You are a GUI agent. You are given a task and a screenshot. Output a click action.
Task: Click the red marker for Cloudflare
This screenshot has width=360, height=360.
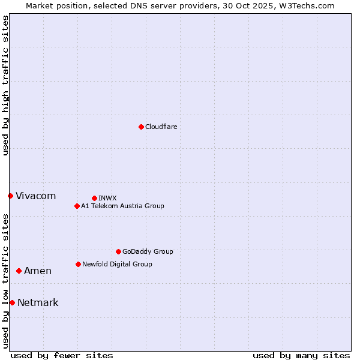[x=141, y=127]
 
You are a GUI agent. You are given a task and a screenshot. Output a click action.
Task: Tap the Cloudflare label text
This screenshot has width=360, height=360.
[x=161, y=127]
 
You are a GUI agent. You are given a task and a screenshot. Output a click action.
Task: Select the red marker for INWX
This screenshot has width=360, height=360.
[x=94, y=198]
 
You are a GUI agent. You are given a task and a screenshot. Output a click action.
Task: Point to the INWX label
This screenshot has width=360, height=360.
[x=107, y=198]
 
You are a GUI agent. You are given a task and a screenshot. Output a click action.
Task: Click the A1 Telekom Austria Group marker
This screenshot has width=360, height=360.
[x=77, y=206]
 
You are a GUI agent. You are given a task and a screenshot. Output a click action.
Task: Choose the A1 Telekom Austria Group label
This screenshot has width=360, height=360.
[x=122, y=206]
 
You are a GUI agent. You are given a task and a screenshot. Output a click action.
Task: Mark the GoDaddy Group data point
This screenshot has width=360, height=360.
[x=118, y=251]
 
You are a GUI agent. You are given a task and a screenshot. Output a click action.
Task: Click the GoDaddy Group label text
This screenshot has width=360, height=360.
[x=147, y=252]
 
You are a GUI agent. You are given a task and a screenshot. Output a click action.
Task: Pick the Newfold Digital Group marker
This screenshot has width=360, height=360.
[x=78, y=264]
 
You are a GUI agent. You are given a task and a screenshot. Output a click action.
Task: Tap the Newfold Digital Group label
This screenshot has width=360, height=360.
[x=117, y=264]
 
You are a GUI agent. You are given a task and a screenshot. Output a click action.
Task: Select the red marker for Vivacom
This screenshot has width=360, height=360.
[x=10, y=196]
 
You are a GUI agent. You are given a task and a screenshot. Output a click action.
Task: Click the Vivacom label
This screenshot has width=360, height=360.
[x=35, y=196]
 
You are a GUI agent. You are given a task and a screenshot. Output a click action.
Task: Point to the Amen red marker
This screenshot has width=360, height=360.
[x=19, y=271]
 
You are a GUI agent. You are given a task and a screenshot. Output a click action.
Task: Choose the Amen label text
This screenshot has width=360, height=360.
[x=37, y=271]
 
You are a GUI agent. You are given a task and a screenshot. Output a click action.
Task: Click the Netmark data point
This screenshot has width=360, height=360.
[x=12, y=302]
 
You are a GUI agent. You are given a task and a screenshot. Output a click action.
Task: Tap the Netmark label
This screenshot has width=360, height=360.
[x=38, y=303]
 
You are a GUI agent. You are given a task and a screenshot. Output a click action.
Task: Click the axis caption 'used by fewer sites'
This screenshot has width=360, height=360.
[x=62, y=355]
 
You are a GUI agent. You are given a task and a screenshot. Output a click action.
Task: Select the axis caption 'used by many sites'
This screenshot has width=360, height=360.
[x=301, y=355]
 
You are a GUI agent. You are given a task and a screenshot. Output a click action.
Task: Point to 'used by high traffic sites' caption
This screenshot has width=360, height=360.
[x=5, y=85]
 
